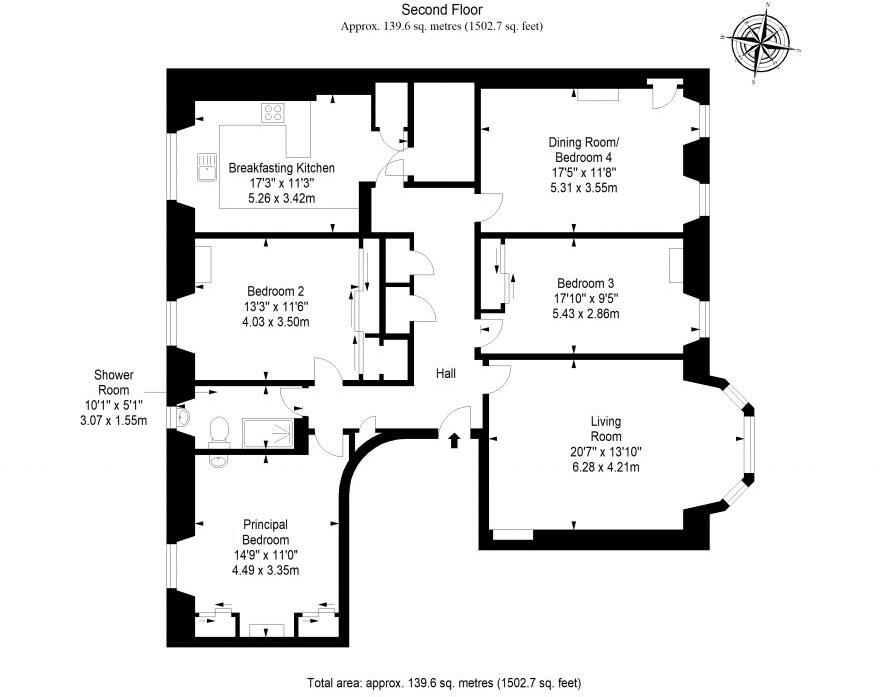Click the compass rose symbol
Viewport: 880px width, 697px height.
(765, 41)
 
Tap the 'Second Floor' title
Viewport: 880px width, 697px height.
(442, 11)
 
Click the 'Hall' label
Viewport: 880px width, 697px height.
(446, 373)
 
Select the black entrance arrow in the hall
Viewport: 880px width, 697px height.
(456, 437)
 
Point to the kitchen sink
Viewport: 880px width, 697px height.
(207, 166)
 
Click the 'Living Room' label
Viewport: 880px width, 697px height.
(605, 429)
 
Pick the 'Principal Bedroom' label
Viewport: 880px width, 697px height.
(265, 532)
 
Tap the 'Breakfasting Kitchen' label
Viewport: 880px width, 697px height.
(281, 168)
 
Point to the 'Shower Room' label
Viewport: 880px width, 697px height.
(114, 382)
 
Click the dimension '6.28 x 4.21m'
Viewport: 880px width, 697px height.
(606, 467)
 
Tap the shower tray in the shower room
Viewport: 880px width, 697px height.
(269, 433)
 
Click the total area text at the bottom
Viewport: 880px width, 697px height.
(443, 684)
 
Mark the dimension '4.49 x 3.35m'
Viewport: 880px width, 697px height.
(265, 570)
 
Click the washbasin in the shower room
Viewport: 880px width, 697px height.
(182, 416)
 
